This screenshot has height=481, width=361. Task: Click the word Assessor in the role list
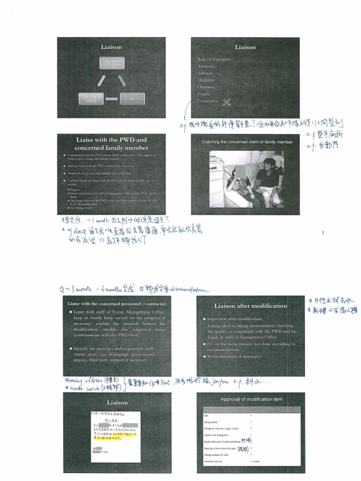205,66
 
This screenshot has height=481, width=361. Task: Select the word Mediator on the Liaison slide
205,80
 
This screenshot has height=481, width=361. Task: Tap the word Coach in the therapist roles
204,94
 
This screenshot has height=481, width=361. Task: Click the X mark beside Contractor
227,101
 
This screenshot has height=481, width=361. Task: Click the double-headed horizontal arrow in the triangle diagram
111,99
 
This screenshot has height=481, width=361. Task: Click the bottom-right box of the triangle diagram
132,99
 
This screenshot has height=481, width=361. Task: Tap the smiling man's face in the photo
267,166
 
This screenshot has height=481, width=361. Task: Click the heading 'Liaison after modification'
251,306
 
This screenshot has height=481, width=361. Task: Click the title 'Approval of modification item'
251,399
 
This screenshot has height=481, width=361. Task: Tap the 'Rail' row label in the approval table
206,416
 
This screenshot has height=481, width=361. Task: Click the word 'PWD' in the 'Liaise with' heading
126,140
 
